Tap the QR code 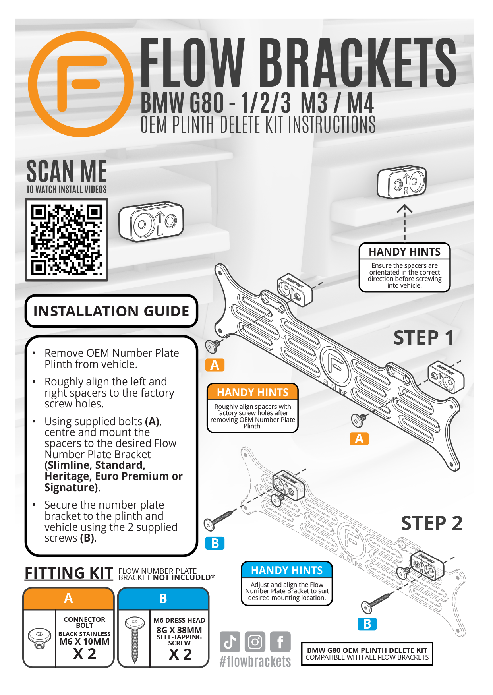pyautogui.click(x=67, y=240)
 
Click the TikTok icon pyautogui.click(x=230, y=641)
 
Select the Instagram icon pyautogui.click(x=255, y=641)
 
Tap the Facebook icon pyautogui.click(x=280, y=641)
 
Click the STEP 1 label pyautogui.click(x=424, y=338)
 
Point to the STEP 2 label pyautogui.click(x=432, y=523)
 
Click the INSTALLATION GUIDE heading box pyautogui.click(x=111, y=311)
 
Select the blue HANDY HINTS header pyautogui.click(x=287, y=570)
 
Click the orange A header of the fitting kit pyautogui.click(x=69, y=598)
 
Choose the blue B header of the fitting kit pyautogui.click(x=163, y=598)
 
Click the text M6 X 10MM pyautogui.click(x=84, y=641)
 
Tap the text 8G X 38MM pyautogui.click(x=179, y=630)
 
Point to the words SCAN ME pyautogui.click(x=67, y=171)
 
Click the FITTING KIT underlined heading pyautogui.click(x=69, y=573)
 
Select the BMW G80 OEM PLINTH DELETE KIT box pyautogui.click(x=367, y=654)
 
